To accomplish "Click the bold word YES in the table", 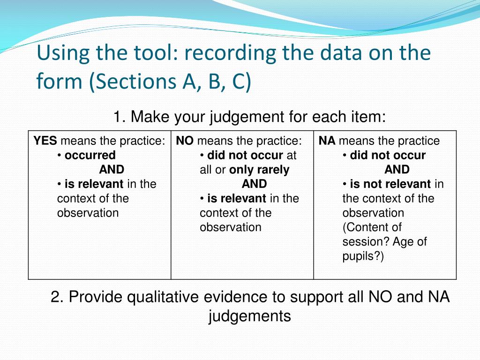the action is [45, 141].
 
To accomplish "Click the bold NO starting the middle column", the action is [185, 141].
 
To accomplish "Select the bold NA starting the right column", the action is [327, 141].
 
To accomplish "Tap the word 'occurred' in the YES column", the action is [90, 155].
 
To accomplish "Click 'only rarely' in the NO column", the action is [259, 170].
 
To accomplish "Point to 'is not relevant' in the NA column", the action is [390, 184].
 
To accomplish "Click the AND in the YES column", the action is [112, 170].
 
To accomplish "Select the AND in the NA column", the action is [397, 170].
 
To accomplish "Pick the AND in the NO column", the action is [255, 184].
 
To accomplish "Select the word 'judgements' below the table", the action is [249, 316].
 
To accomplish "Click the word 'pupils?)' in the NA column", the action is [363, 257].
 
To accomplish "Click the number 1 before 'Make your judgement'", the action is [117, 116].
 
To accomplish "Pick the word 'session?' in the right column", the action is [363, 242].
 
